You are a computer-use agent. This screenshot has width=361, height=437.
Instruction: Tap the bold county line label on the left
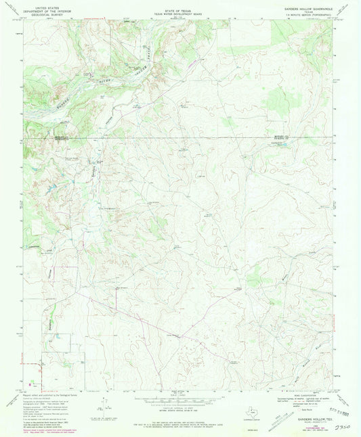click(x=77, y=137)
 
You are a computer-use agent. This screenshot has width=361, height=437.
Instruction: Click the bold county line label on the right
click(x=280, y=137)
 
